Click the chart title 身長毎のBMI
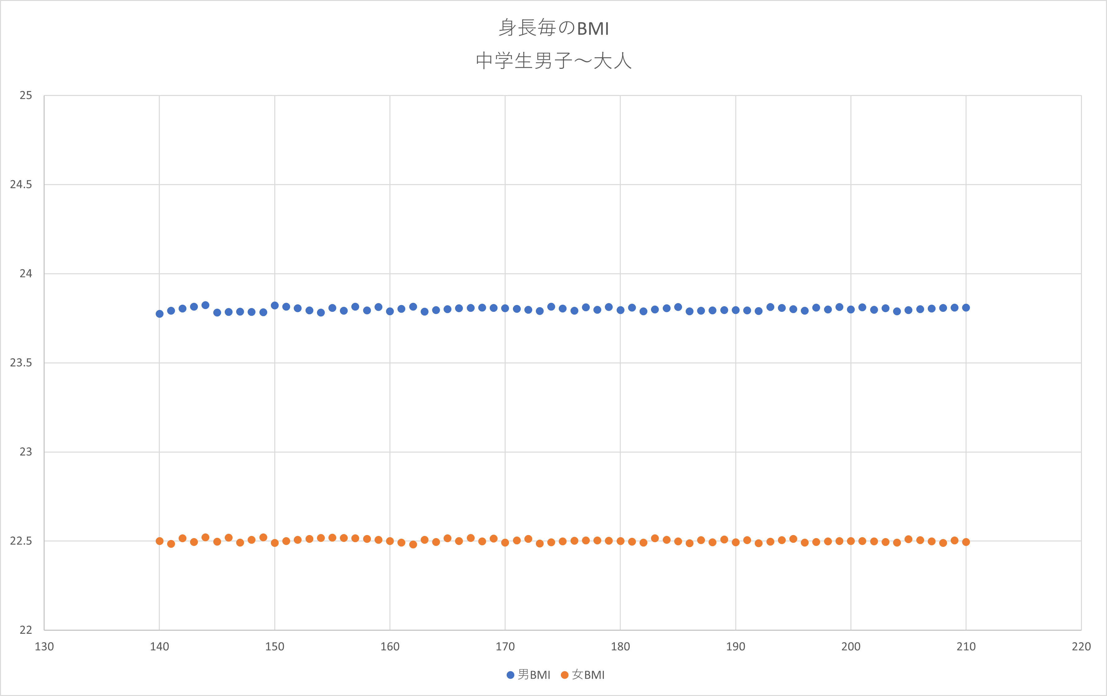[553, 28]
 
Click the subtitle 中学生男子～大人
[553, 61]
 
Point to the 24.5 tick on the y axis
[21, 184]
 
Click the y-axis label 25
[26, 95]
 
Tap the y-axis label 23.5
[21, 363]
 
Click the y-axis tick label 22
[26, 630]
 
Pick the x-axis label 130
[44, 646]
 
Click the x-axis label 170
[505, 646]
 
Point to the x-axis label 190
[736, 646]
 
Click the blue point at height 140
[159, 314]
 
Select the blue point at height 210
[966, 307]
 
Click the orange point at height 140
[159, 541]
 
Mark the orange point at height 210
[966, 542]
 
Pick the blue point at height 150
[275, 306]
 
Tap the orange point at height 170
[505, 542]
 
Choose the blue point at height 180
[620, 310]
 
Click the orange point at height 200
[850, 541]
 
